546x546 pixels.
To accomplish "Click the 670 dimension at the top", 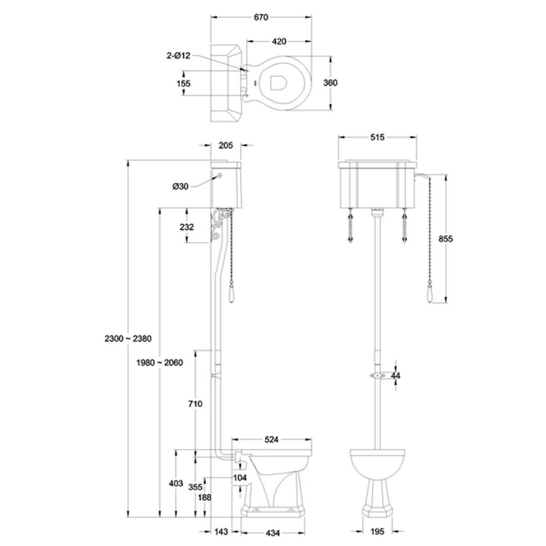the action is click(x=261, y=17).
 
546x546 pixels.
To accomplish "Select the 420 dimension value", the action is click(x=279, y=41).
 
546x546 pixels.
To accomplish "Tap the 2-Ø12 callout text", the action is click(x=179, y=55).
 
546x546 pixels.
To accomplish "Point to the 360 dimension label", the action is click(x=330, y=83).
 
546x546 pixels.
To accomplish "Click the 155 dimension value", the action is click(x=183, y=83).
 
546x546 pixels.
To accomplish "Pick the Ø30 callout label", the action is click(x=180, y=186).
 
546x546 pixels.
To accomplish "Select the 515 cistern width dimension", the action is click(x=377, y=137).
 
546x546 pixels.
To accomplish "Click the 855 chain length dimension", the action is click(x=446, y=239).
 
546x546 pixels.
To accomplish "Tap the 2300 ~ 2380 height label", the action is click(x=128, y=339).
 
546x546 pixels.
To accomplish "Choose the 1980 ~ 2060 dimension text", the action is click(x=159, y=363).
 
